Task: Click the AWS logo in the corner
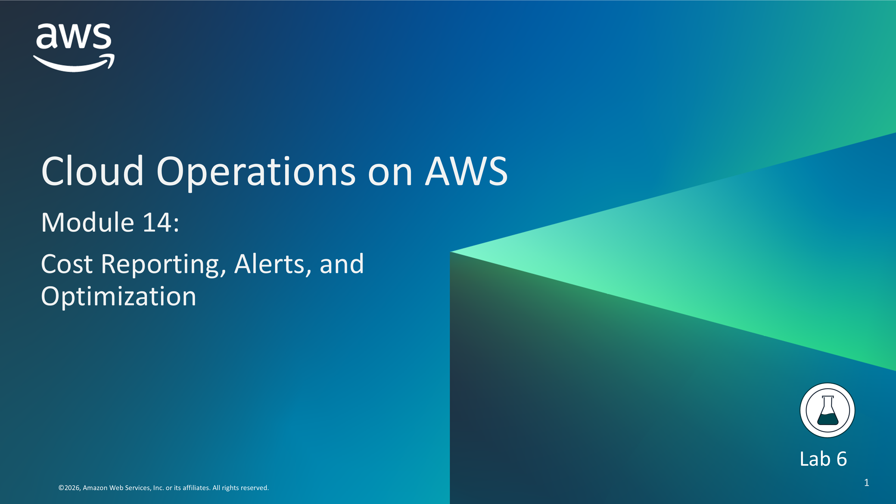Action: click(x=74, y=48)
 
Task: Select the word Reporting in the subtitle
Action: click(x=164, y=266)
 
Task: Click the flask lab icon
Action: click(x=827, y=410)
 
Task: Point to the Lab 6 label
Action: click(x=823, y=459)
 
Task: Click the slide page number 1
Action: click(x=866, y=482)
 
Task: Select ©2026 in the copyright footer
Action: click(x=70, y=488)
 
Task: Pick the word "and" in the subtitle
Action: click(x=342, y=264)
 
